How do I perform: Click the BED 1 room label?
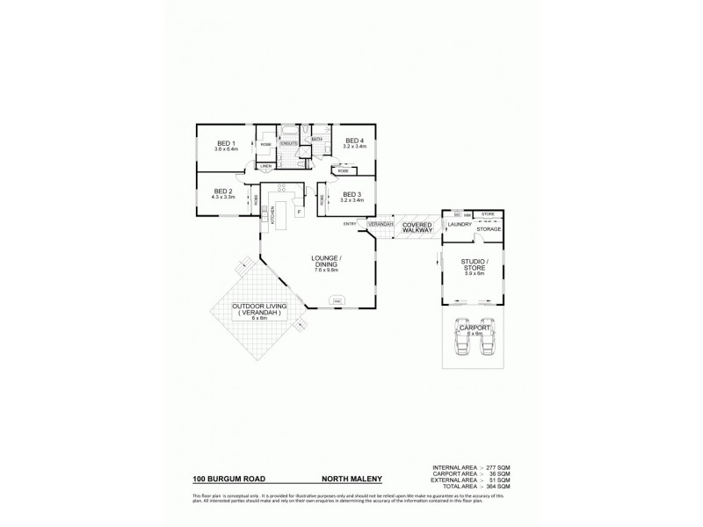(x=226, y=142)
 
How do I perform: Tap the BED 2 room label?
(x=222, y=191)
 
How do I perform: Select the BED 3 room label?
(x=352, y=195)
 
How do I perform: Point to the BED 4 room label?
(x=354, y=141)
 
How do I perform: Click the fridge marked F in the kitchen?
(x=300, y=212)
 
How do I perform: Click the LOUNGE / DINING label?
(x=327, y=261)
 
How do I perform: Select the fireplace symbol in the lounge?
(x=337, y=301)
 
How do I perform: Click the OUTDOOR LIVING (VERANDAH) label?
(x=257, y=309)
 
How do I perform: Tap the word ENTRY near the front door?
(x=350, y=224)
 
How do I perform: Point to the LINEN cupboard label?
(x=265, y=165)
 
